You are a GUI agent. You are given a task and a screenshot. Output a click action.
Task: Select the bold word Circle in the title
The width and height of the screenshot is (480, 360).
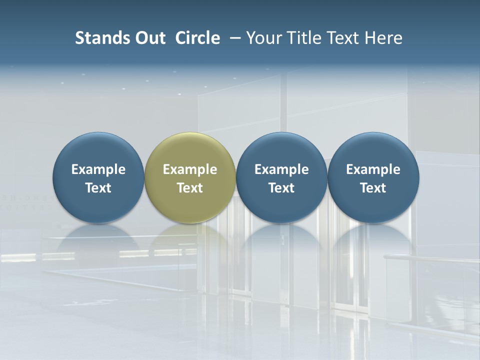[197, 38]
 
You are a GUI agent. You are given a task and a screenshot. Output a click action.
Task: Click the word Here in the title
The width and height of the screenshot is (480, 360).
[383, 38]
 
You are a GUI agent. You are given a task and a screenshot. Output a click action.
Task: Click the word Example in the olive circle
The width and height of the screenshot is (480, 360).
[190, 169]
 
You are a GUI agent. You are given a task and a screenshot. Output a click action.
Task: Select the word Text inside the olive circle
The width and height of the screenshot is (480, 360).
[190, 188]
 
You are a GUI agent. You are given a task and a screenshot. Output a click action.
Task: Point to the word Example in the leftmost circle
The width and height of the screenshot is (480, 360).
[98, 169]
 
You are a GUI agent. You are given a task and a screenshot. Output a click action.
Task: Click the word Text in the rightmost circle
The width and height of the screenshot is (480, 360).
[373, 188]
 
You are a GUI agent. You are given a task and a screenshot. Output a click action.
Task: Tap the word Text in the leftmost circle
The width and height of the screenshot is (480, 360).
[98, 188]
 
